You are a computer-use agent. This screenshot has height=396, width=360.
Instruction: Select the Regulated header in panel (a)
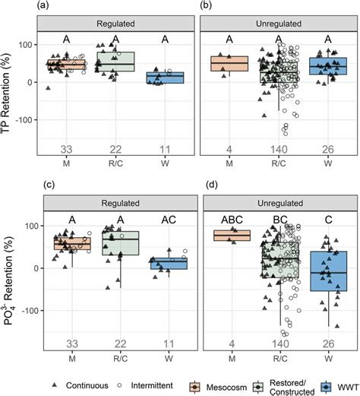click(x=115, y=24)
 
